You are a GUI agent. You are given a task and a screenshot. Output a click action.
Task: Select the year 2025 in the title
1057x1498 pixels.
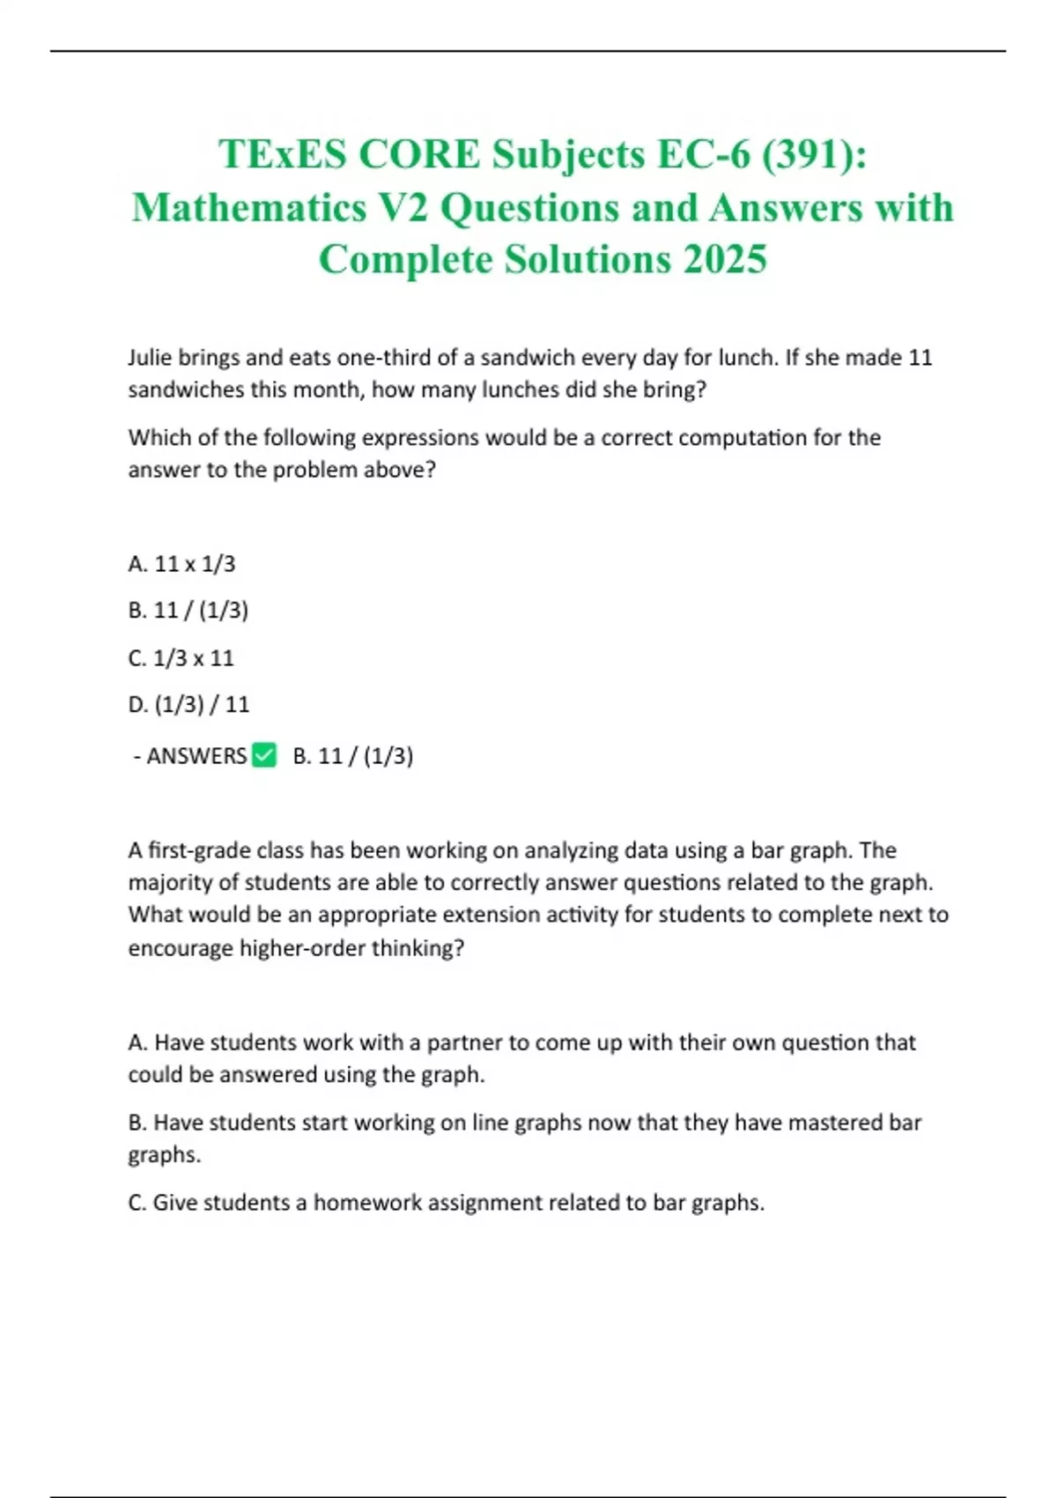point(724,259)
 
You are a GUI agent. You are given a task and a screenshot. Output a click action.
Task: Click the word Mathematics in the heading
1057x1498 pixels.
point(249,208)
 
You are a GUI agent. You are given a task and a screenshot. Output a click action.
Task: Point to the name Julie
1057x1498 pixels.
point(150,358)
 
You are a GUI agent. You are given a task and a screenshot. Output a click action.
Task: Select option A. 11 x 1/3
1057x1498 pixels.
point(181,564)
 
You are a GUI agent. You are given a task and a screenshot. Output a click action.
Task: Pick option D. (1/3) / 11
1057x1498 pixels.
point(188,705)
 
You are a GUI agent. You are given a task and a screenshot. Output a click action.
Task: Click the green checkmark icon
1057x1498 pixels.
point(264,755)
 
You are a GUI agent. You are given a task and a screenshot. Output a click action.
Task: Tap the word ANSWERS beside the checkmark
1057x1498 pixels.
point(196,756)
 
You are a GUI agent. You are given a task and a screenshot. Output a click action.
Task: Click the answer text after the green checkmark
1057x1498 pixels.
point(353,756)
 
